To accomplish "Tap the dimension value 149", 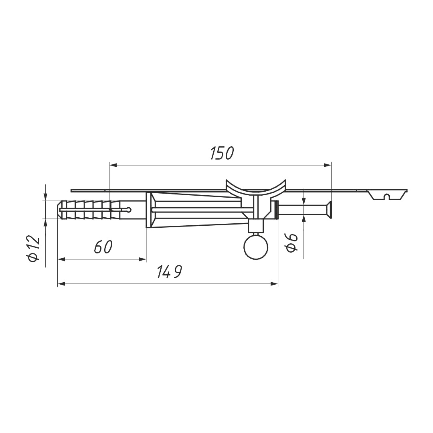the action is pyautogui.click(x=169, y=272).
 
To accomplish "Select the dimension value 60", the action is pyautogui.click(x=103, y=247).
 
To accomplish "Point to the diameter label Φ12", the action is pyautogui.click(x=34, y=249).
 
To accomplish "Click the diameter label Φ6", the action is pyautogui.click(x=292, y=243).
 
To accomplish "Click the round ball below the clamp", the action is pyautogui.click(x=256, y=247).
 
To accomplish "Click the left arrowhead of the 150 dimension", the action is pyautogui.click(x=113, y=165).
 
